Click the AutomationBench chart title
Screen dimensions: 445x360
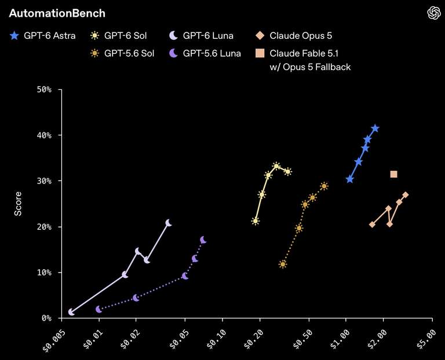pos(57,13)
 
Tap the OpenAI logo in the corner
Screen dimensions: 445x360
pos(434,13)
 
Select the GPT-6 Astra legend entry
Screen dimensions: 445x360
pos(43,36)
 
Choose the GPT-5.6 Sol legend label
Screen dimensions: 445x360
pos(122,53)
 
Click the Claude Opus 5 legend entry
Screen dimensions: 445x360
pos(294,36)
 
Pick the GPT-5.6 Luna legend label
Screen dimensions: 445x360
pos(205,53)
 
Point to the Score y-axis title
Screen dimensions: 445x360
pos(18,204)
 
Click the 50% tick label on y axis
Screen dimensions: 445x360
pos(44,90)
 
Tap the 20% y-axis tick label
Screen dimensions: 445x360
pos(44,227)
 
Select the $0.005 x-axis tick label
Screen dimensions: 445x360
pos(54,340)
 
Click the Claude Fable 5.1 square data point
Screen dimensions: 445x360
pos(393,174)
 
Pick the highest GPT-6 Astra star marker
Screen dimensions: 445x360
pos(375,128)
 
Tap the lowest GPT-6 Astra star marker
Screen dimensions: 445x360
pos(349,179)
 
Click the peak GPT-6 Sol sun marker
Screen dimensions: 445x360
pos(276,166)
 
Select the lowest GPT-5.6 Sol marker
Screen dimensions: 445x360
pos(283,264)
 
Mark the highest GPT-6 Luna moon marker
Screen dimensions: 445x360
pos(169,223)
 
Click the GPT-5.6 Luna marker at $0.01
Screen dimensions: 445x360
pos(99,309)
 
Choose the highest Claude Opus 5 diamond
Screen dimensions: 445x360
pos(405,194)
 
